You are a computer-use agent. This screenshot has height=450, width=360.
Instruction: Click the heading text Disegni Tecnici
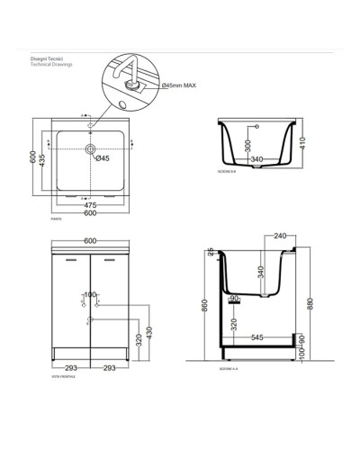click(x=45, y=59)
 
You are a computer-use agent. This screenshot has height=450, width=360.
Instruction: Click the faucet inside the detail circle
click(x=126, y=75)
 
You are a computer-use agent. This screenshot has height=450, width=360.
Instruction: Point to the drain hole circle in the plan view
click(x=90, y=148)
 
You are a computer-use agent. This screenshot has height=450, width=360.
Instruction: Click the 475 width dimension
click(x=90, y=205)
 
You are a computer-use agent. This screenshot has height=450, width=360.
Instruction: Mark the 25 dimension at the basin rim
click(x=209, y=250)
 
